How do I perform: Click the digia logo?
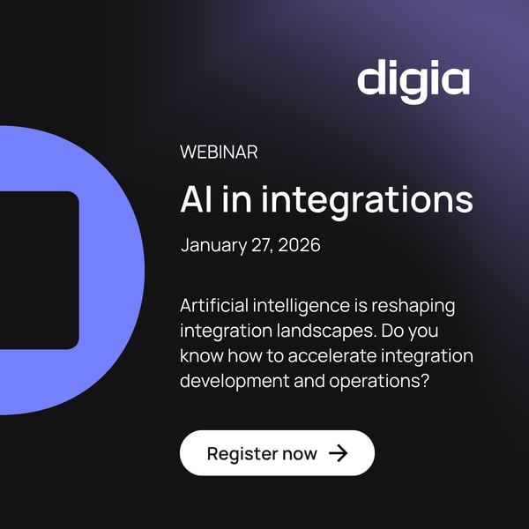point(413,79)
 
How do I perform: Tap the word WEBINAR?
point(219,152)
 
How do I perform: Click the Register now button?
point(277,453)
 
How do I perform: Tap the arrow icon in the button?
point(338,453)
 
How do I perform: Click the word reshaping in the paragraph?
point(423,308)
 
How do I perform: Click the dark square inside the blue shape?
point(35,269)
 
